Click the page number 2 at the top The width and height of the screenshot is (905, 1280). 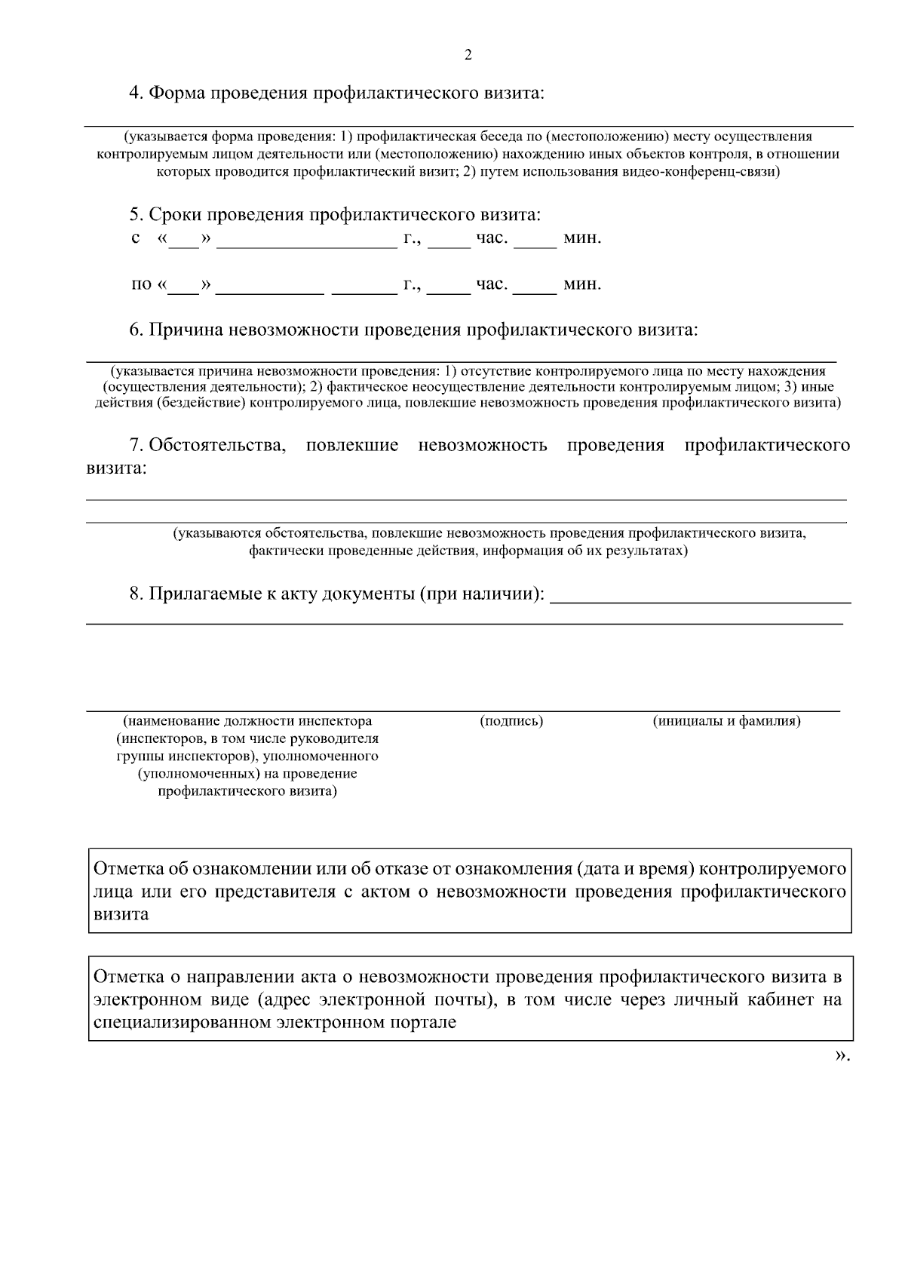[468, 55]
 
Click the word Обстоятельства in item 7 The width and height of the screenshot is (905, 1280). [217, 445]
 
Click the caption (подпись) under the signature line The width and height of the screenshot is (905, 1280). [511, 721]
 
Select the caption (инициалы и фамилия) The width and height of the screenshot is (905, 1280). [726, 721]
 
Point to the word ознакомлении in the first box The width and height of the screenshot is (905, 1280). [250, 869]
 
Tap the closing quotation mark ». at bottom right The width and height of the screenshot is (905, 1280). [842, 1056]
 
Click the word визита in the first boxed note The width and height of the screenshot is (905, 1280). [121, 914]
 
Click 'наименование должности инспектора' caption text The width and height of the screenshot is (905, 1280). [247, 721]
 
